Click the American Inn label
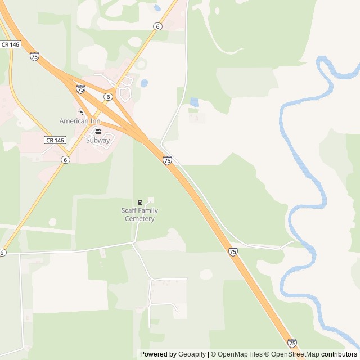coord(80,121)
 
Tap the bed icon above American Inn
coord(80,112)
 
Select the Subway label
coord(98,140)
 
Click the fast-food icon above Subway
coord(98,132)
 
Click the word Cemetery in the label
coord(139,219)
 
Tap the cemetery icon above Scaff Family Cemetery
coord(139,202)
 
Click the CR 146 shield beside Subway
coord(55,140)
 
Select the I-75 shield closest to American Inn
coord(81,89)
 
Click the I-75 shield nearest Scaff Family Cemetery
coord(167,161)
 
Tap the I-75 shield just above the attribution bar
coord(292,343)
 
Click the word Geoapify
coord(192,354)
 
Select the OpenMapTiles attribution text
coord(240,354)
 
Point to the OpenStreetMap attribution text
coord(296,354)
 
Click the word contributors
coord(339,354)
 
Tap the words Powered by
coord(158,354)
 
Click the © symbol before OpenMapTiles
coord(213,354)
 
